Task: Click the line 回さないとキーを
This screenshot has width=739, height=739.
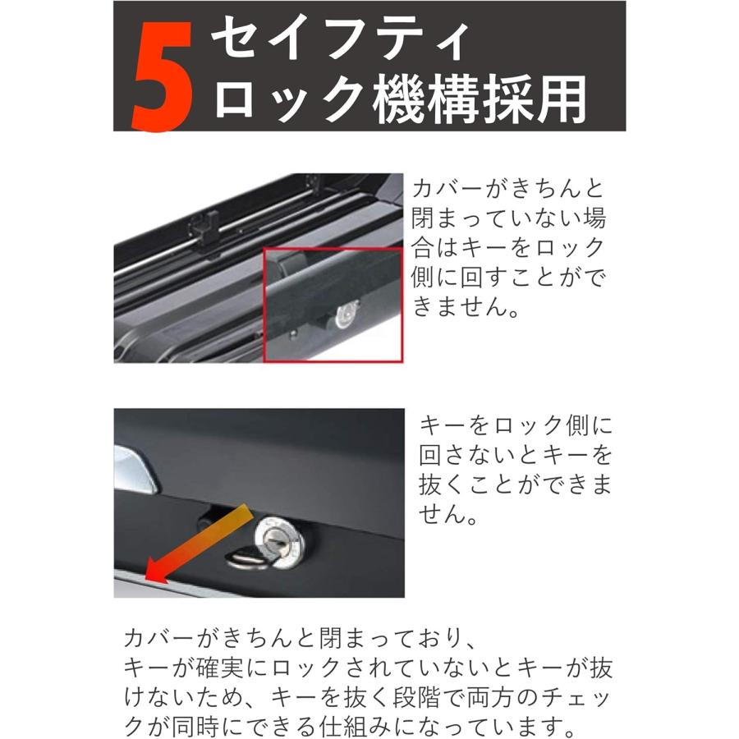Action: tap(516, 455)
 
